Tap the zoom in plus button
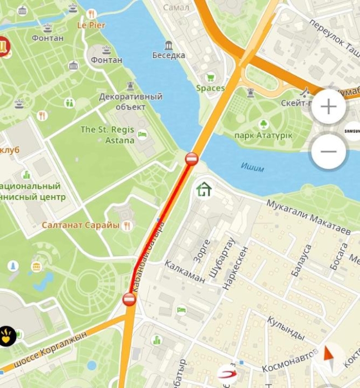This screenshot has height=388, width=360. [x=329, y=107]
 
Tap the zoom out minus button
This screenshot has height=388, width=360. [x=329, y=151]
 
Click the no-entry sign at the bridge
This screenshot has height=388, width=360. [x=192, y=159]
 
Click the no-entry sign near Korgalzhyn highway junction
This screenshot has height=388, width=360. [x=129, y=300]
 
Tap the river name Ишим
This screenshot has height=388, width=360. [x=252, y=166]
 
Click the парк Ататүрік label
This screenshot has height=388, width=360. [x=263, y=136]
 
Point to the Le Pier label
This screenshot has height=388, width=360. [x=91, y=25]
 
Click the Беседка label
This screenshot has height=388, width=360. [x=169, y=56]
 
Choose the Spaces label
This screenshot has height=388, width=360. [x=210, y=88]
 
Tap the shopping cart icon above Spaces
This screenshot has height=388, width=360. [x=210, y=77]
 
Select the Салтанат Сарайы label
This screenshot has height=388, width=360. [x=81, y=226]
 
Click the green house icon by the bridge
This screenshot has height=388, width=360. [x=204, y=190]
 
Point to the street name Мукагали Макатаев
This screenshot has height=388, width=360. [x=308, y=217]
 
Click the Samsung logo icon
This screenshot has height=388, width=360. [x=353, y=131]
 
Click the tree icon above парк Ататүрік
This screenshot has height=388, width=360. [x=263, y=124]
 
